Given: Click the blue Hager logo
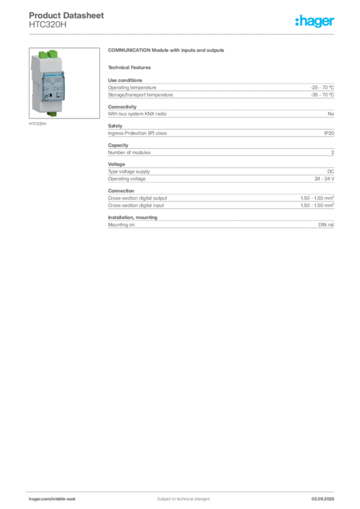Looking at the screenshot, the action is pos(315,22).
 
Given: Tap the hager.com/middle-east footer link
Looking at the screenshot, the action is pos(55,499).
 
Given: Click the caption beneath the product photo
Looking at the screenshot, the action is pos(37,124).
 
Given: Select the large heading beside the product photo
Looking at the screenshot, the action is pos(167,51).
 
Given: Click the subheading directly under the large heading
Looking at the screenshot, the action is pos(131,67).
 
